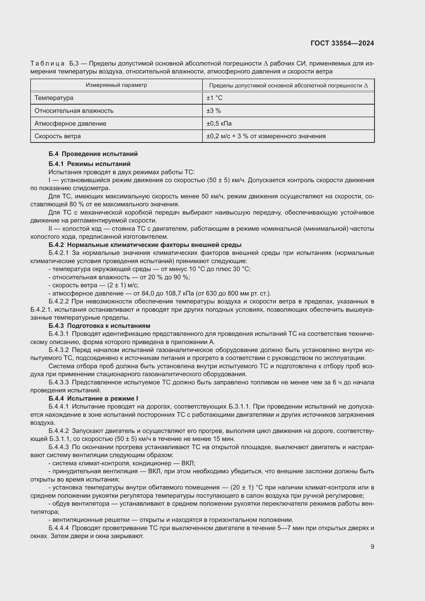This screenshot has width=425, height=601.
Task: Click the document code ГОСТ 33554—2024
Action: coord(342,43)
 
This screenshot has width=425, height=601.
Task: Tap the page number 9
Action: coord(372,547)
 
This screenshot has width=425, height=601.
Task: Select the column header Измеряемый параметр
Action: coord(116,85)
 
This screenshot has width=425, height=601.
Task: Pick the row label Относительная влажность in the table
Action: coord(74,111)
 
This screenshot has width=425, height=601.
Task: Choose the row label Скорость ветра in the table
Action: coord(58,136)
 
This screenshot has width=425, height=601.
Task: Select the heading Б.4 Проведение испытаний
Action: coord(93,154)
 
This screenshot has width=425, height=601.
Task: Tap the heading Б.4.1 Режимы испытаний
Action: coord(89,164)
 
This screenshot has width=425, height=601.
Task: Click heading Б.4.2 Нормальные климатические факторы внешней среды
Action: coord(145,245)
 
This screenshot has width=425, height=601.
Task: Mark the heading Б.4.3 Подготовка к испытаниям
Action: coord(99,326)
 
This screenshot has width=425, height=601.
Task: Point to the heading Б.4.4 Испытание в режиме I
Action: coord(93,399)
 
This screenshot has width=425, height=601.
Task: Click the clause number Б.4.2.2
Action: coord(58,302)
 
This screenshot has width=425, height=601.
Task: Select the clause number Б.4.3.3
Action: coord(58,382)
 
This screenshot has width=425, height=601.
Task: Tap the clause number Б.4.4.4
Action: coord(58,528)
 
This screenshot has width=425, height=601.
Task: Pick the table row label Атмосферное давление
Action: coord(70,124)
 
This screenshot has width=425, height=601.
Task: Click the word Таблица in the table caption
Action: coord(47,64)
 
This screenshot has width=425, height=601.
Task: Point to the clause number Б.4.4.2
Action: coord(58,431)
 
